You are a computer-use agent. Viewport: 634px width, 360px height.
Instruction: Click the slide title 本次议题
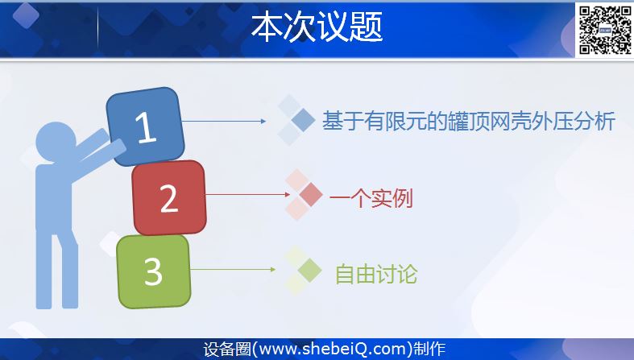(x=317, y=27)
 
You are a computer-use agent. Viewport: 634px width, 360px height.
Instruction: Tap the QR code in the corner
(x=605, y=30)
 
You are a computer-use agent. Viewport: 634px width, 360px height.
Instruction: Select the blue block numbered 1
(x=145, y=126)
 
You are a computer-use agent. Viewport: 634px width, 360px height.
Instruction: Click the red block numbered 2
(x=169, y=197)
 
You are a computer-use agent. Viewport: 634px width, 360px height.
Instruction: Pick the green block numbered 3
(x=154, y=271)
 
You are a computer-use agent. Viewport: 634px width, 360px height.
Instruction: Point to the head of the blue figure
(x=56, y=142)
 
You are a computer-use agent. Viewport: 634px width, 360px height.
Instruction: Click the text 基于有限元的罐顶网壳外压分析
(x=469, y=121)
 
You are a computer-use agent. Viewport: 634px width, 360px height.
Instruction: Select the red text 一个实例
(x=371, y=198)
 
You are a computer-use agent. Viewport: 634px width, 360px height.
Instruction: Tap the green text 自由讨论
(x=376, y=275)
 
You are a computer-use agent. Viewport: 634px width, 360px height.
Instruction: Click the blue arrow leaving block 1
(x=224, y=121)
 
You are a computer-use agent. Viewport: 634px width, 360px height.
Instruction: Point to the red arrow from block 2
(x=248, y=194)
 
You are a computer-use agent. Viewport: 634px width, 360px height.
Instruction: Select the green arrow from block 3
(x=233, y=269)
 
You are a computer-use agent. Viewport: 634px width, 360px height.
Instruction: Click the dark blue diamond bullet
(x=303, y=120)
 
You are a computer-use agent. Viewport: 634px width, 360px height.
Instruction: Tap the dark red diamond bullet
(x=310, y=194)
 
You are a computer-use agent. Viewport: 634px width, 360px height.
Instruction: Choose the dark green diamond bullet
(x=309, y=270)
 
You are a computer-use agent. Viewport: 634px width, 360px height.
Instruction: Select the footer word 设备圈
(x=227, y=349)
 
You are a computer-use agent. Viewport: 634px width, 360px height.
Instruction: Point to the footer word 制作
(x=429, y=349)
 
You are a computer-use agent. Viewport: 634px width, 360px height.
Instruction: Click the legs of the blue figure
(x=57, y=269)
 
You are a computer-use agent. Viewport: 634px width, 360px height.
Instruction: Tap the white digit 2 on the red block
(x=169, y=198)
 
